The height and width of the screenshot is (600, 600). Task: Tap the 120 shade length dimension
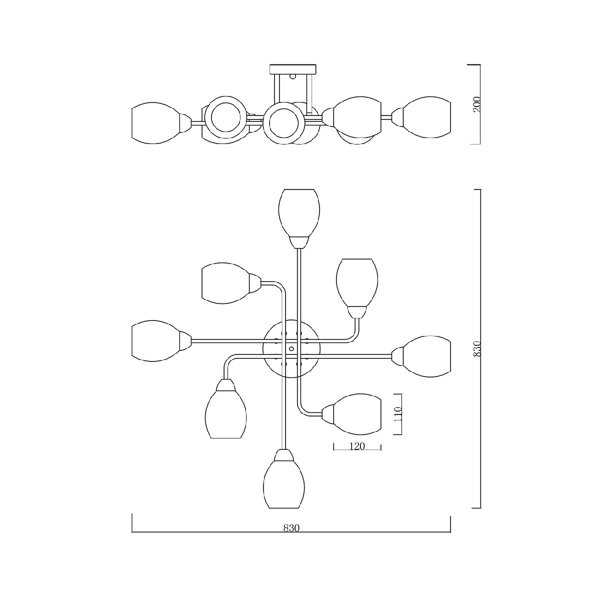(x=357, y=446)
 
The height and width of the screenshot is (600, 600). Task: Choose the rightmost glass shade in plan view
(x=427, y=356)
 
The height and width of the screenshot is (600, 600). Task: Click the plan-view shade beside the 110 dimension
(x=357, y=414)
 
